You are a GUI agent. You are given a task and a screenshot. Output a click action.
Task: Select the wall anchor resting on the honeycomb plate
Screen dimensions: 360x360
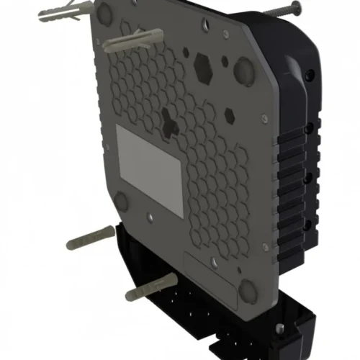[x=130, y=41]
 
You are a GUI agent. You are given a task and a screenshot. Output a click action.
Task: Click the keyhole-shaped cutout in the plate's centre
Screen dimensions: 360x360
[x=170, y=125]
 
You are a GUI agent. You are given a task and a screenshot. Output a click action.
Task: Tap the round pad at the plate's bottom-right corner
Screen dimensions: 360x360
[x=248, y=290]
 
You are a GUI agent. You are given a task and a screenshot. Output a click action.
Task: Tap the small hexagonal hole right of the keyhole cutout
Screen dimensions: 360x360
[x=230, y=115]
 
